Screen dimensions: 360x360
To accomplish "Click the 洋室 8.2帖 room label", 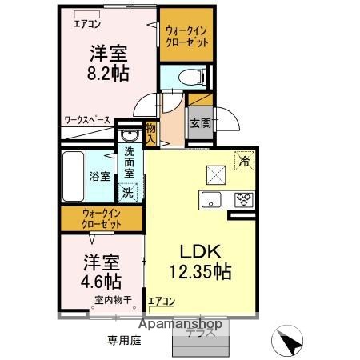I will tap(110, 62).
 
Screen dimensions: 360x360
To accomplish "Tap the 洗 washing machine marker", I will tap(127, 191).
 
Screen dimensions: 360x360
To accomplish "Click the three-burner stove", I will tap(242, 199).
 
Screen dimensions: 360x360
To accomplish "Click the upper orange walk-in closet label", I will tap(186, 36).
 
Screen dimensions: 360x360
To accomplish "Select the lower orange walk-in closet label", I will tap(102, 218).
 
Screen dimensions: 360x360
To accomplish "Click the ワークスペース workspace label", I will tap(87, 121).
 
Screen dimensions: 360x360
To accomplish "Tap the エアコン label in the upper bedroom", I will tap(87, 22).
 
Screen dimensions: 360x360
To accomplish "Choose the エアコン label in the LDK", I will tap(162, 302).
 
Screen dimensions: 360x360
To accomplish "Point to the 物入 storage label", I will tap(150, 131).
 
